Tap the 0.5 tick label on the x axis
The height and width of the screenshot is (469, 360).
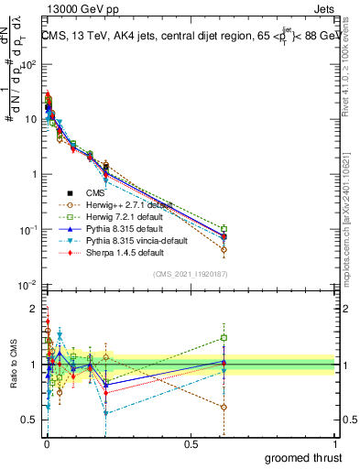(191, 444)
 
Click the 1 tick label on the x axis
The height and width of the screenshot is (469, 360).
(335, 444)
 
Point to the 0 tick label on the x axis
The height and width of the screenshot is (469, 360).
(46, 444)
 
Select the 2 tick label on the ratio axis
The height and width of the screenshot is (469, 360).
(33, 309)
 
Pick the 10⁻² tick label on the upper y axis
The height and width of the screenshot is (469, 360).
(28, 285)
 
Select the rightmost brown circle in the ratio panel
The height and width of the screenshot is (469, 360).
(224, 407)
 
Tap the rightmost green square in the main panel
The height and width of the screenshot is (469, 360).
(224, 229)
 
